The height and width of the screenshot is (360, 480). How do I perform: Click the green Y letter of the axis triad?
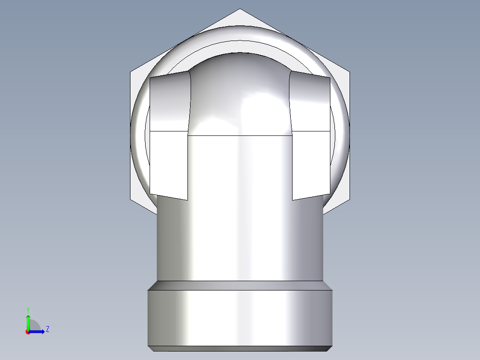[28, 309]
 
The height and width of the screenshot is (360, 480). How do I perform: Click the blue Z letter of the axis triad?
[47, 329]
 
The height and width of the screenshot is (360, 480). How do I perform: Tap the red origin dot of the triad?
[28, 332]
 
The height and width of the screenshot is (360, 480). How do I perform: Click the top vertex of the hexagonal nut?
[240, 9]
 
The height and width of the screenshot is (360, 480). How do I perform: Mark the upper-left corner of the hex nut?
[131, 71]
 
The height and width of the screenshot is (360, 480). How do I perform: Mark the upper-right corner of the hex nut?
[350, 71]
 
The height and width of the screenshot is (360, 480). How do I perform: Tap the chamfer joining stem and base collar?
[240, 285]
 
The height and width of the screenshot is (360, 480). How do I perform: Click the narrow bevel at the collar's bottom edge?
[240, 348]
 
